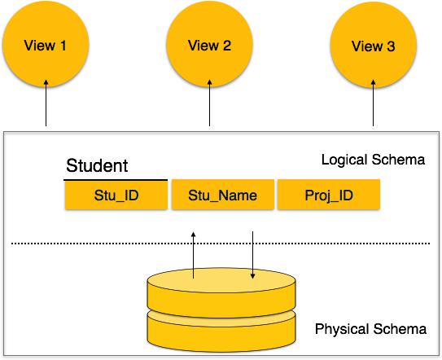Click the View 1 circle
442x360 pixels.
point(46,44)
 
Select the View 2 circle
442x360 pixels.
point(209,44)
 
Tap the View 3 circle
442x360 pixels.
point(374,45)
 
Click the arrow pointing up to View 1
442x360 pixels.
point(46,103)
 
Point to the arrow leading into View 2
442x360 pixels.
point(209,103)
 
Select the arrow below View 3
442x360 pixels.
point(374,103)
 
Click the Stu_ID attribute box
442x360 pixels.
point(116,195)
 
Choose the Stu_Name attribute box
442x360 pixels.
point(223,195)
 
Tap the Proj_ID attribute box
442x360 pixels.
point(329,195)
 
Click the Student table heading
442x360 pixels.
point(97,165)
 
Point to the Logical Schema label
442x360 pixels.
point(373,160)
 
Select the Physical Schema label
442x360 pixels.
point(370,329)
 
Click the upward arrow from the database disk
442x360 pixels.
point(194,255)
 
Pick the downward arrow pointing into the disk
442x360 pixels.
point(252,255)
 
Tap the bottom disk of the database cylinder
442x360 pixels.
point(221,334)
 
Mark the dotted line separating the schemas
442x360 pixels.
point(221,244)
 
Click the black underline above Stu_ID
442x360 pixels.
point(116,180)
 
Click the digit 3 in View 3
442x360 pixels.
point(391,46)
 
